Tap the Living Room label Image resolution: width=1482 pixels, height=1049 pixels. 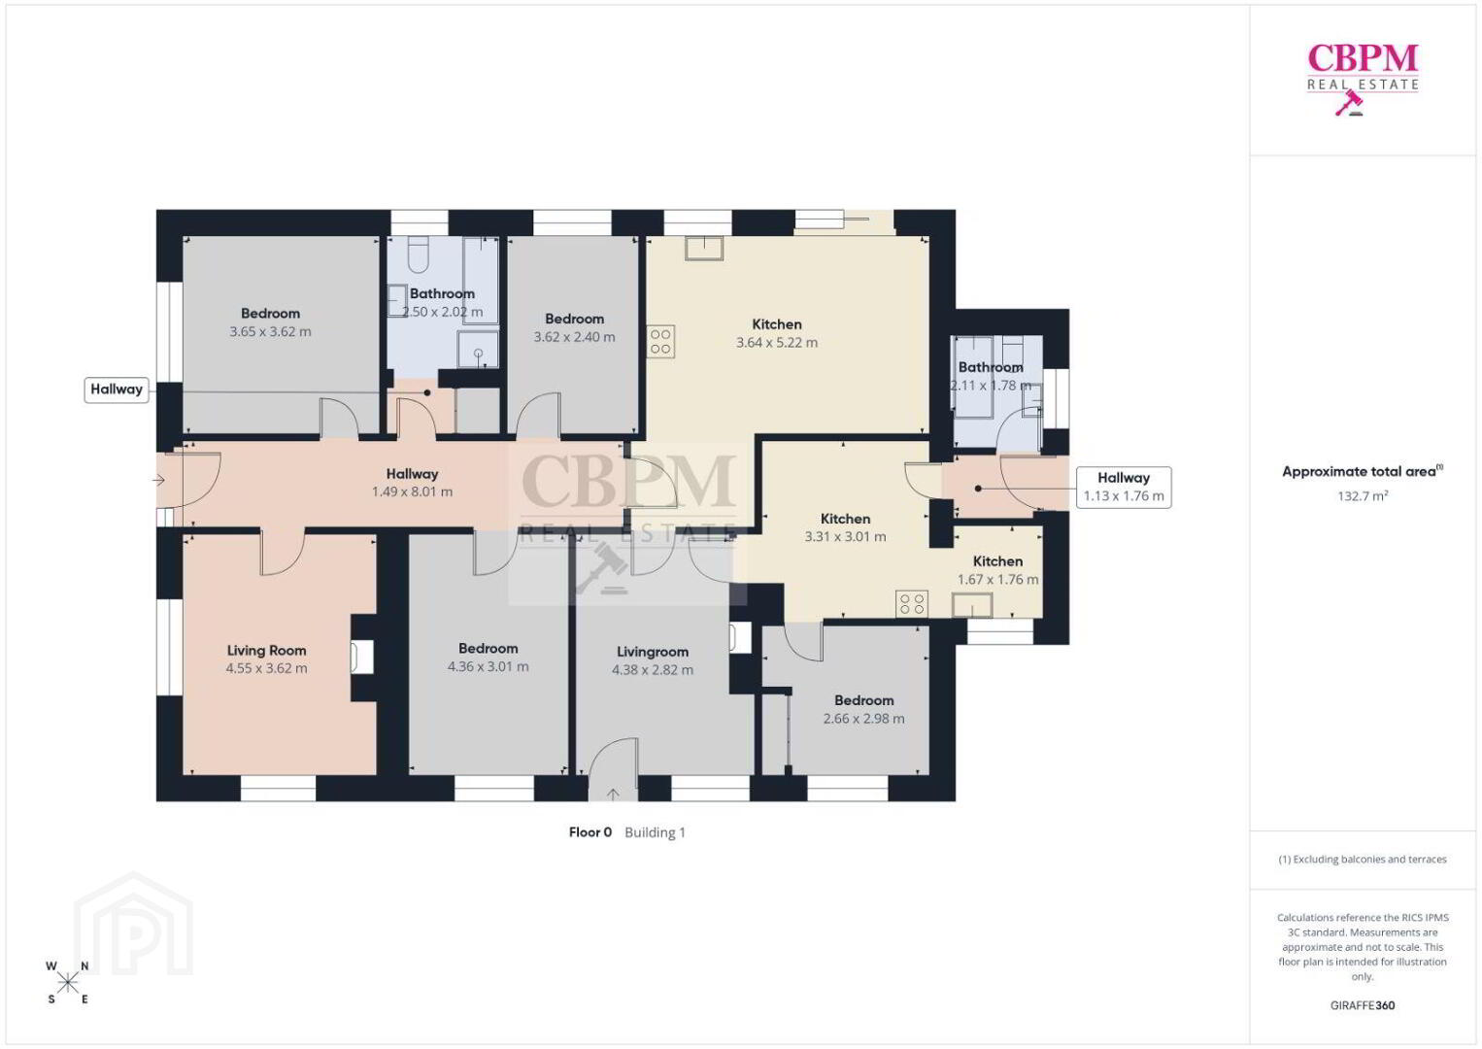[267, 651]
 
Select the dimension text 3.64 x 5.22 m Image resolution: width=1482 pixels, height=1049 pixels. [777, 342]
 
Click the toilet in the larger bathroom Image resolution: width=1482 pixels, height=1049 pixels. [419, 254]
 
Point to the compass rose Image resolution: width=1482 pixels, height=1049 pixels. [67, 983]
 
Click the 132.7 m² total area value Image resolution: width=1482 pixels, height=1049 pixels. [1363, 495]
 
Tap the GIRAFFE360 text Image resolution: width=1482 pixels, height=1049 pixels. [1363, 1005]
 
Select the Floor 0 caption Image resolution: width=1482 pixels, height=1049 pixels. [590, 832]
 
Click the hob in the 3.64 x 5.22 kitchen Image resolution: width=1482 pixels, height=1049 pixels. [660, 342]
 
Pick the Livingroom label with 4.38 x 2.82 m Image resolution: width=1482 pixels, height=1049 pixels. [653, 652]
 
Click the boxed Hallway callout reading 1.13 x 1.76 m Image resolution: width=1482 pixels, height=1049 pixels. [1124, 488]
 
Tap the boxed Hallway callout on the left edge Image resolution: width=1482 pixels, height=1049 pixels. [117, 389]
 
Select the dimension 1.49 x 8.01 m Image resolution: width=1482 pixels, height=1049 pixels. [412, 491]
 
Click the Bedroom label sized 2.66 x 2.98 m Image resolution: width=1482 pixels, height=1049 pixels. [864, 700]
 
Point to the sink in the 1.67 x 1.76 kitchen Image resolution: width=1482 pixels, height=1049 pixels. [972, 605]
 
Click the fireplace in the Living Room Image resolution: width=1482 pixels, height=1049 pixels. [361, 658]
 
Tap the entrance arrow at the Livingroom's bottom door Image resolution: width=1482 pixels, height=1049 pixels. [614, 794]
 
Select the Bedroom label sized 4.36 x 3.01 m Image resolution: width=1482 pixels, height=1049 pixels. [488, 649]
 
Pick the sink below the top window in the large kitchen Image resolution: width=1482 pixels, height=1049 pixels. [704, 249]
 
